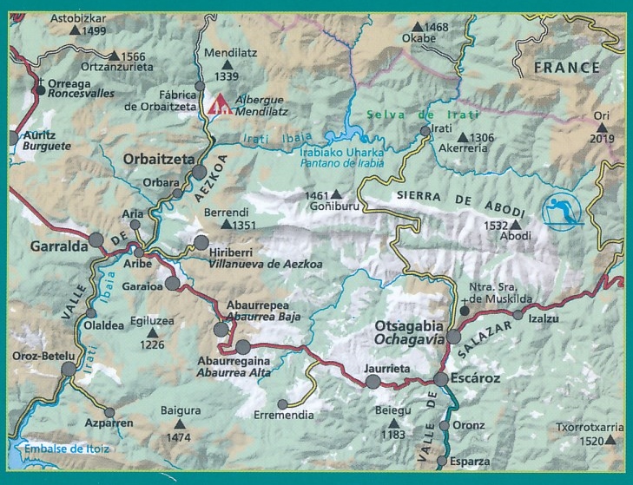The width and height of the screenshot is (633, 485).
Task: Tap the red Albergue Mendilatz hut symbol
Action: [x=219, y=107]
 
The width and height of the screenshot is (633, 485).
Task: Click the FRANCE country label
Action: [x=566, y=67]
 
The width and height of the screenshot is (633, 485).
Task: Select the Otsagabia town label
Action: [x=403, y=325]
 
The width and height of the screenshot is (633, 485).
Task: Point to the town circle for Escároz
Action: [x=441, y=379]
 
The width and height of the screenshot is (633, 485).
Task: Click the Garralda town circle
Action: [x=96, y=239]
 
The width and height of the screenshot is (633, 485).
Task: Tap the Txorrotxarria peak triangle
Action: [x=612, y=441]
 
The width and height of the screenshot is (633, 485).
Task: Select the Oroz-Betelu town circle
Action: [x=69, y=370]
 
